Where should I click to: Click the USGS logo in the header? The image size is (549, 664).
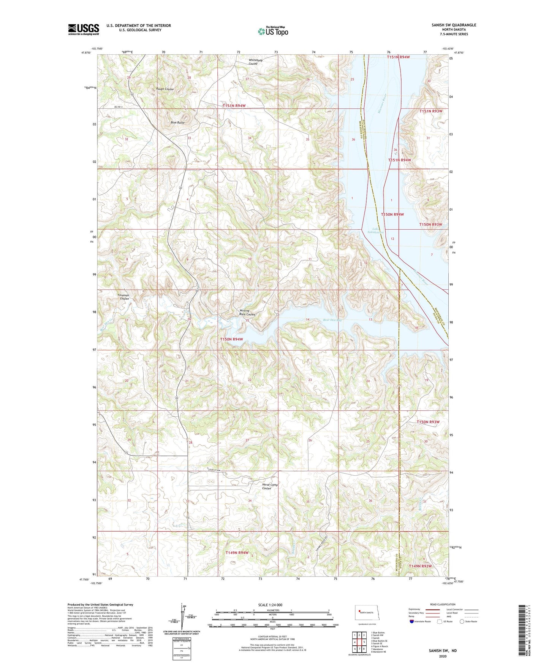click(x=84, y=29)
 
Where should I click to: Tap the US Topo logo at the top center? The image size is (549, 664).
click(x=272, y=31)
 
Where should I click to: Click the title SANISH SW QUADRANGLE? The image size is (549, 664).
click(x=454, y=25)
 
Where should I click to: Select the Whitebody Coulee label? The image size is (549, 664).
click(x=255, y=62)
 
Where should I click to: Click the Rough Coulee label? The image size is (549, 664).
click(x=165, y=89)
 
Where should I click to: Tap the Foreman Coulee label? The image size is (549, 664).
click(x=124, y=297)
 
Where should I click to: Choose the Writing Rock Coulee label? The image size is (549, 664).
click(x=247, y=313)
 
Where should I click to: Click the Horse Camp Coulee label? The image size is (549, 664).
click(x=270, y=486)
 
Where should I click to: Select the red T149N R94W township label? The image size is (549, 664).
click(x=237, y=552)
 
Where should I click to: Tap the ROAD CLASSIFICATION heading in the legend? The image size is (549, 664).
click(x=443, y=604)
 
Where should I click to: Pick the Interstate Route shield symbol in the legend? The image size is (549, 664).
click(x=412, y=621)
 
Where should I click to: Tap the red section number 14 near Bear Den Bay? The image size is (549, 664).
click(x=308, y=319)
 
